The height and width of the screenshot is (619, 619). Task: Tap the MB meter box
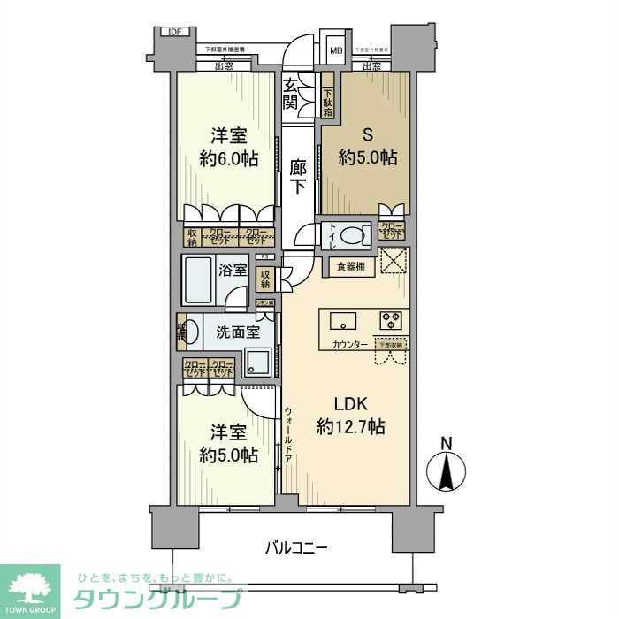[336, 50]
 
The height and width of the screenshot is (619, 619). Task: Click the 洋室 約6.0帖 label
[227, 148]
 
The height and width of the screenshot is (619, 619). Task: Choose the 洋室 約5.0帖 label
[227, 444]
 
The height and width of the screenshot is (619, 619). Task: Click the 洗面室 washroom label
[238, 332]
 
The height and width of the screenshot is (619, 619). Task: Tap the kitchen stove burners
[391, 318]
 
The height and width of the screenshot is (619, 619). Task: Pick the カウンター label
[350, 344]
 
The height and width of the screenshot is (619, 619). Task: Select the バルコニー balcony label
[297, 548]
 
